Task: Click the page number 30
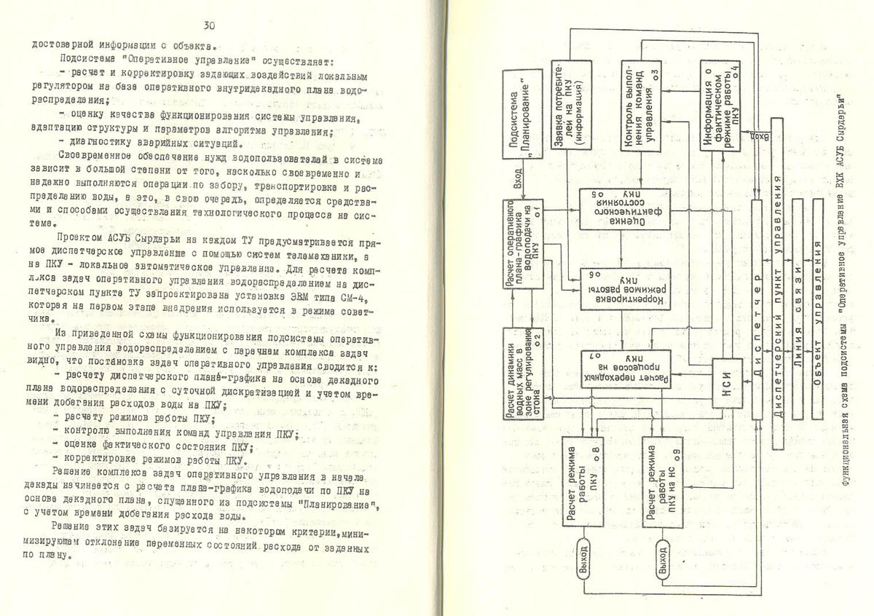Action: coord(209,26)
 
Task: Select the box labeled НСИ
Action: coord(729,389)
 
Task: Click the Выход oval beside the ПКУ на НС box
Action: coord(662,559)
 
